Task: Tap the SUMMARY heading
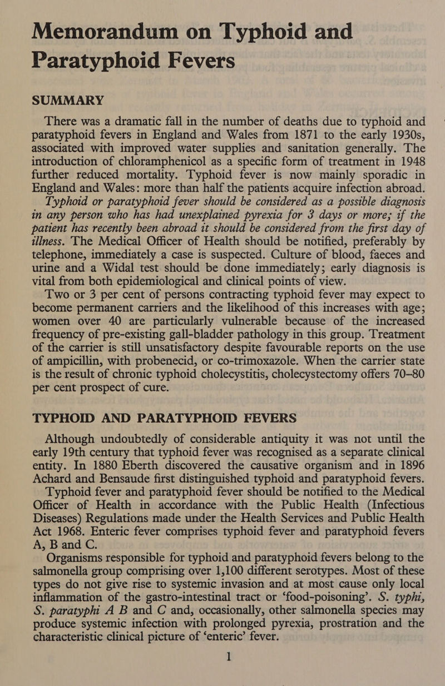(x=68, y=100)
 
